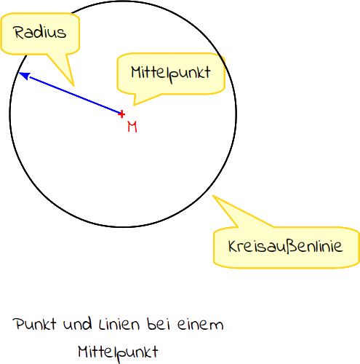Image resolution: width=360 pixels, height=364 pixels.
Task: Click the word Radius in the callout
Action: (x=39, y=32)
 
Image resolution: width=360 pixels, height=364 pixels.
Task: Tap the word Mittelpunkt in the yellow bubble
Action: (x=171, y=74)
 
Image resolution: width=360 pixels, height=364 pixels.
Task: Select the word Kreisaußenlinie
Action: (x=286, y=247)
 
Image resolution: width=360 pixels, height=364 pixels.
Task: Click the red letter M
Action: (x=132, y=127)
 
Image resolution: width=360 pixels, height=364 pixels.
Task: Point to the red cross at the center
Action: (x=121, y=114)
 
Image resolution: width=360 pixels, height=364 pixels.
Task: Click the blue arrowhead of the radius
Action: (x=24, y=76)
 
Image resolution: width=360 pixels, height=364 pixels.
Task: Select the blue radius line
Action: (x=70, y=93)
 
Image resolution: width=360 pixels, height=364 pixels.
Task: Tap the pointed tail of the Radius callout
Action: (x=73, y=86)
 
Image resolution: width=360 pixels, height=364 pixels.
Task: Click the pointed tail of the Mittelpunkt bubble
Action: (x=134, y=105)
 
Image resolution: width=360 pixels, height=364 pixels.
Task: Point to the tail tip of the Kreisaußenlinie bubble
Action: (x=213, y=196)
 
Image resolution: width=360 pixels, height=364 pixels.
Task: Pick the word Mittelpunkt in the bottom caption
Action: (x=118, y=353)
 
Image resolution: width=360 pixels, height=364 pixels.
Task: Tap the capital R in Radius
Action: (x=18, y=32)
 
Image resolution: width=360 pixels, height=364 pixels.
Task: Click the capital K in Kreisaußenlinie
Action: (x=233, y=247)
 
